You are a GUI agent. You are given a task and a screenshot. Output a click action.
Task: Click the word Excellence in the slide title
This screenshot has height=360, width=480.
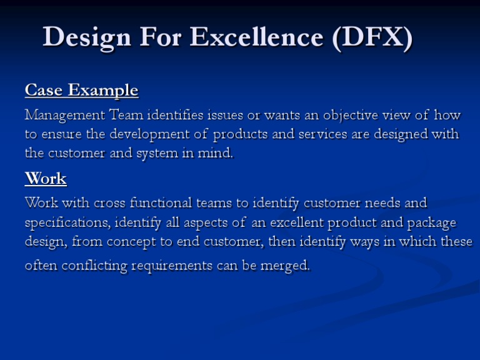tap(257, 38)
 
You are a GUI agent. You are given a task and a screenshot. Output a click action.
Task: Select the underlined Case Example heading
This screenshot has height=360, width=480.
tap(81, 91)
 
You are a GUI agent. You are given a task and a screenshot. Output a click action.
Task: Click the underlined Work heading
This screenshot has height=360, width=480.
tap(46, 179)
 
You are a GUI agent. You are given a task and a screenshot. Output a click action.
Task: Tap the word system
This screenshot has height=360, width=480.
tap(172, 153)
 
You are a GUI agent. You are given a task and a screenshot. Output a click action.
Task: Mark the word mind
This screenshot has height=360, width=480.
tap(219, 153)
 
